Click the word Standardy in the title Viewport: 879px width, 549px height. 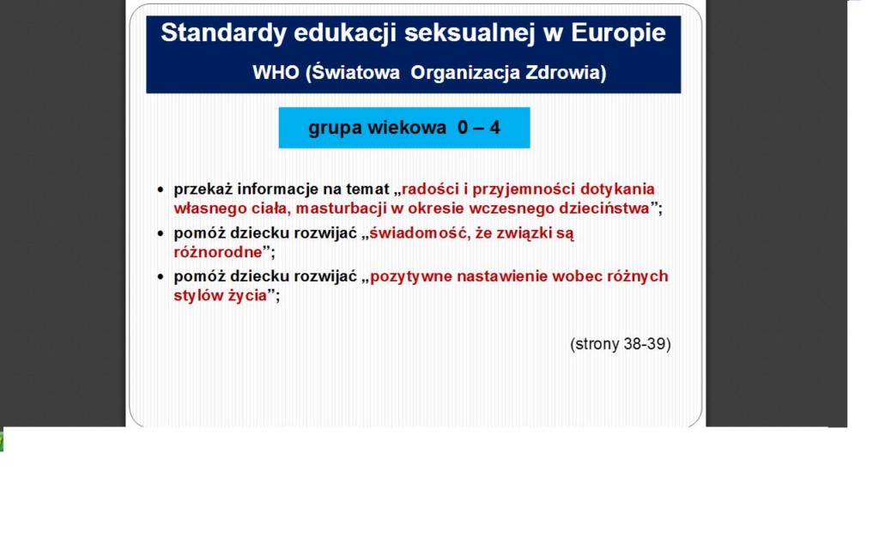click(x=224, y=33)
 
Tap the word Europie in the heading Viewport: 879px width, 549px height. click(x=618, y=33)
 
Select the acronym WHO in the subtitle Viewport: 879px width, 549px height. click(x=276, y=72)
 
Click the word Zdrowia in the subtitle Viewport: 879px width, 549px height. click(x=566, y=73)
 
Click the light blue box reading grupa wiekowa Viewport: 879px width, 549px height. click(x=404, y=128)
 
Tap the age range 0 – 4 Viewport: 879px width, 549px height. click(x=479, y=128)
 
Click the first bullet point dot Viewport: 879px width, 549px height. click(x=161, y=190)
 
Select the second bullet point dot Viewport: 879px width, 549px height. click(x=161, y=233)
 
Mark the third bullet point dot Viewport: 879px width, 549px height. click(x=161, y=277)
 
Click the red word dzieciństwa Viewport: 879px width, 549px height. click(x=603, y=208)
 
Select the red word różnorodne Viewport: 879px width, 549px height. click(x=218, y=252)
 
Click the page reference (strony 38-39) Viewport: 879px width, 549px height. click(x=621, y=344)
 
